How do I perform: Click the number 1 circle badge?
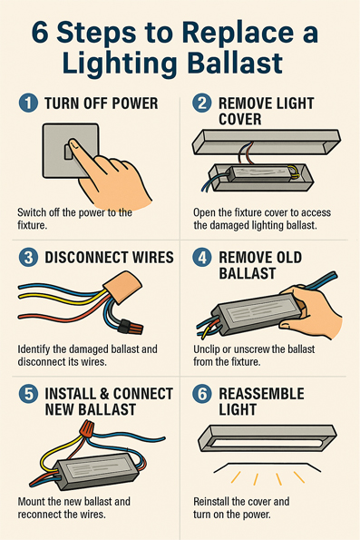point(28,103)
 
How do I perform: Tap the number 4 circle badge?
point(202,258)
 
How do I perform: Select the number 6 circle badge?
point(202,394)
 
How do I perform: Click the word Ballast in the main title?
point(236,63)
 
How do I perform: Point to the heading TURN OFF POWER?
point(102,103)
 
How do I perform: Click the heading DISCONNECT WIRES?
point(109,258)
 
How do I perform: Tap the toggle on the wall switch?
point(69,152)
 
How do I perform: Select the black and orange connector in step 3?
point(130,328)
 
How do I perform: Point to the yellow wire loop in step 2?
point(294,172)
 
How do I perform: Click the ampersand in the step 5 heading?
point(102,394)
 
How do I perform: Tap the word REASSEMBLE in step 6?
point(261,394)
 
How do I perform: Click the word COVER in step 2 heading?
point(240,119)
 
